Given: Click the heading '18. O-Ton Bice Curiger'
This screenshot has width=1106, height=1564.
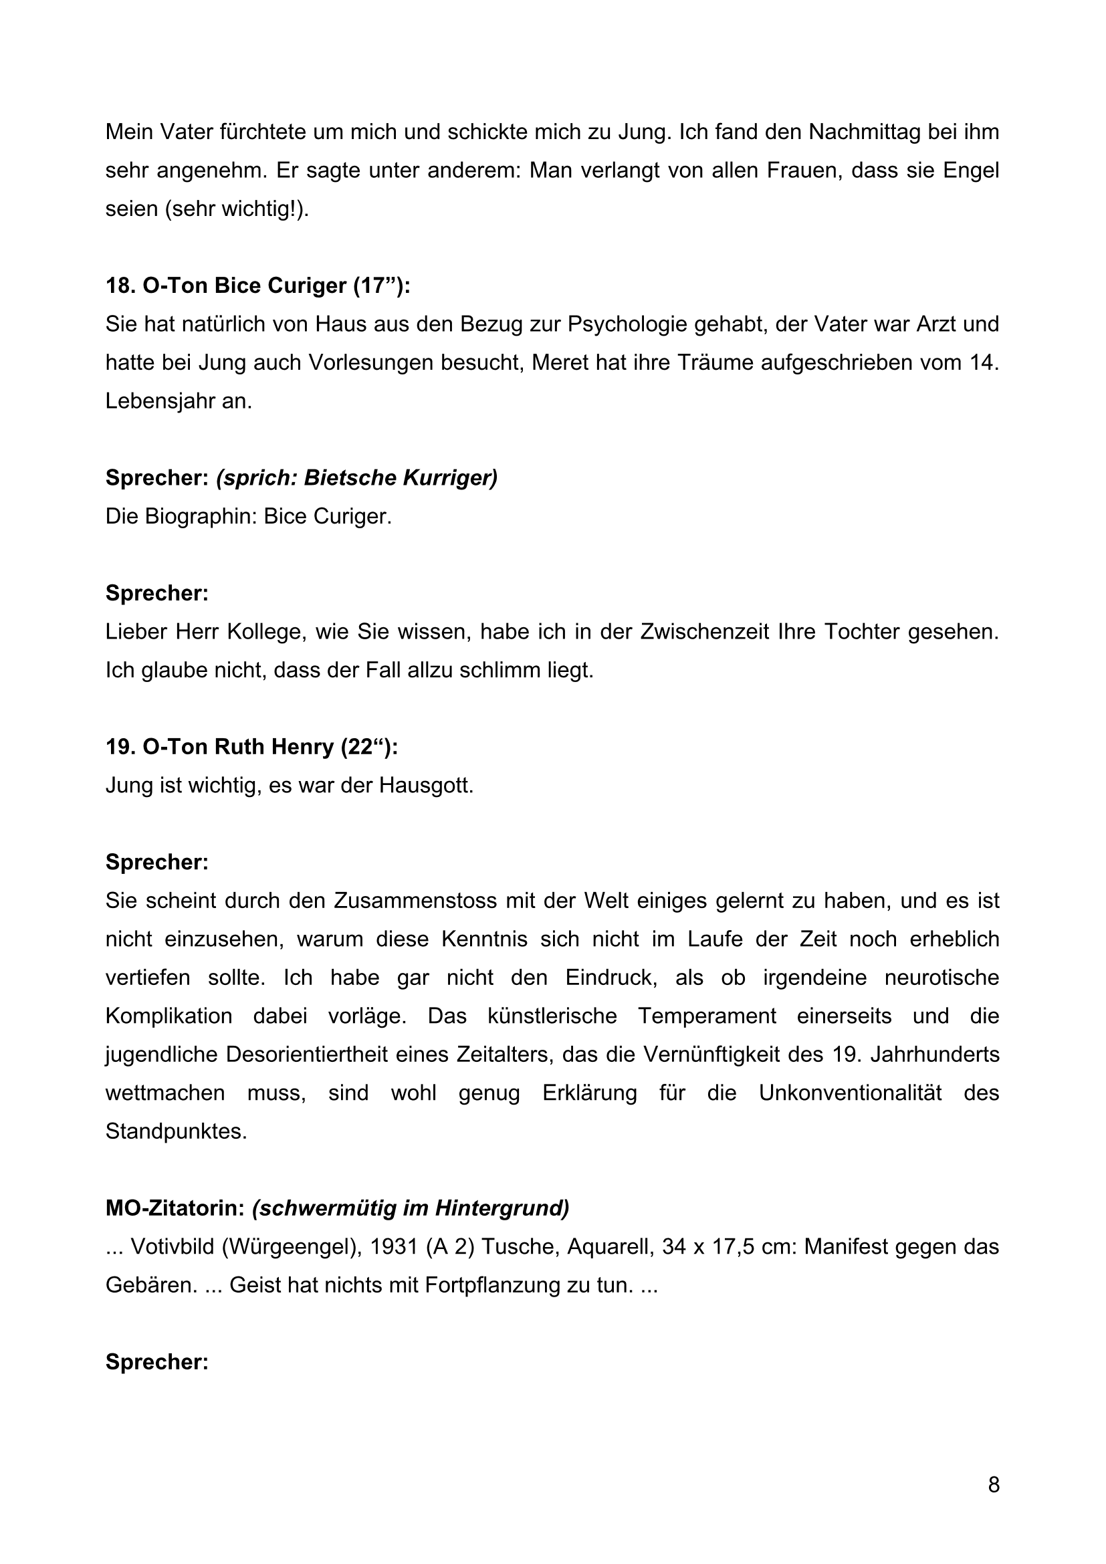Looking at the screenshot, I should click(257, 286).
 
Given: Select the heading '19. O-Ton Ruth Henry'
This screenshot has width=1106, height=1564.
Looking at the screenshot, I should click(251, 748).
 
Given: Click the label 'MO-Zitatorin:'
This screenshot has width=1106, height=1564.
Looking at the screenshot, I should click(175, 1208).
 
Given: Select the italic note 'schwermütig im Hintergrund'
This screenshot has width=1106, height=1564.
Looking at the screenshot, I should click(411, 1208).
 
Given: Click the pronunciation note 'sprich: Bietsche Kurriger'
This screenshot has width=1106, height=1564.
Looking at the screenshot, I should click(357, 478).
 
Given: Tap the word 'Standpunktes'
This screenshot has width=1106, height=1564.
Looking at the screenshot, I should click(175, 1131).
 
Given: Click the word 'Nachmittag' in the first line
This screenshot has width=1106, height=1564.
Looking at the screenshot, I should click(863, 132).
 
